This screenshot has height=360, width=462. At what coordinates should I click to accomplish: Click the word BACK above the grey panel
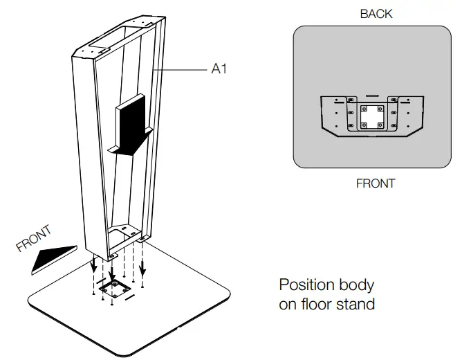(376, 14)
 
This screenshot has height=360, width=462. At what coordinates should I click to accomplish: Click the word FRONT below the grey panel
(376, 184)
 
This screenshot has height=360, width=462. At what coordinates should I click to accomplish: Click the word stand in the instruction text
(356, 304)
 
